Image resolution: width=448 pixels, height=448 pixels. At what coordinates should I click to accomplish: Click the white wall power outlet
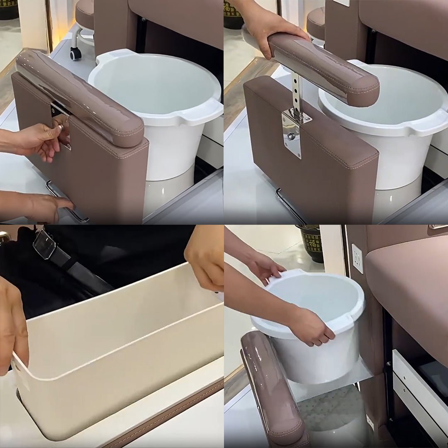click(x=357, y=258)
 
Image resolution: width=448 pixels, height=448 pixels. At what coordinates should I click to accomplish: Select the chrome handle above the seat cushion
click(x=438, y=226)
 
